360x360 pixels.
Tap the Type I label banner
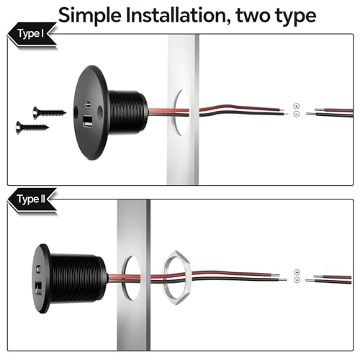(x=32, y=34)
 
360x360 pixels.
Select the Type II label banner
(x=32, y=199)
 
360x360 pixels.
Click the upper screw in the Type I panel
(x=50, y=112)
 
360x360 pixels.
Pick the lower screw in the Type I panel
(x=32, y=127)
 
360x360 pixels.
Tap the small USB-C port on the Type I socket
(x=87, y=104)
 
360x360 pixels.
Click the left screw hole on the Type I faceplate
(x=76, y=112)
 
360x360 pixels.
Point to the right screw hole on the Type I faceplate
(x=100, y=111)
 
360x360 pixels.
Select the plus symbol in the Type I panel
(x=297, y=106)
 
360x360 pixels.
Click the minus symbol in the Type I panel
(x=297, y=114)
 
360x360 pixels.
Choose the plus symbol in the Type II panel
(x=297, y=272)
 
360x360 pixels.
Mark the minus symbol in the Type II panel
(x=297, y=280)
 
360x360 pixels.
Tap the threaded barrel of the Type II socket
(x=78, y=279)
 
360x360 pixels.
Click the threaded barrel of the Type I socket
(x=128, y=112)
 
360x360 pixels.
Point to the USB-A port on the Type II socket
(x=38, y=287)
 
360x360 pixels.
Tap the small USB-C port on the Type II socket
(x=37, y=269)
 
